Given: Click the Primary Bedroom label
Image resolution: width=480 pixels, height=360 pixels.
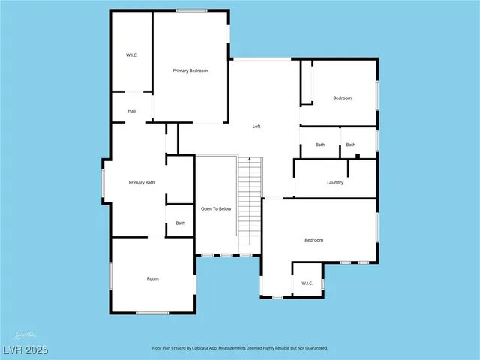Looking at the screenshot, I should click(x=190, y=70).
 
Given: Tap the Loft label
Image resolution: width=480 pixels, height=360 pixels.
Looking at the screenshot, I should click(x=256, y=126).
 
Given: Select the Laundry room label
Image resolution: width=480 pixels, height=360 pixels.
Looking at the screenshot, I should click(x=335, y=183).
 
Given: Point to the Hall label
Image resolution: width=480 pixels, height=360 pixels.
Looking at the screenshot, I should click(x=132, y=111).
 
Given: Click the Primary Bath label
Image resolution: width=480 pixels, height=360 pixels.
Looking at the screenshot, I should click(x=142, y=183).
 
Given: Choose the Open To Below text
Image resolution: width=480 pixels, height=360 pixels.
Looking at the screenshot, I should click(x=215, y=208).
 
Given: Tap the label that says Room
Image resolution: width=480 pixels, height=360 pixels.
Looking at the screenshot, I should click(x=152, y=278).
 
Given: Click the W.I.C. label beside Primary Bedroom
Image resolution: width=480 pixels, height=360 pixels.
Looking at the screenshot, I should click(x=130, y=55).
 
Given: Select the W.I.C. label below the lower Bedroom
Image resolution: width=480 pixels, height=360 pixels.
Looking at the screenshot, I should click(x=307, y=283).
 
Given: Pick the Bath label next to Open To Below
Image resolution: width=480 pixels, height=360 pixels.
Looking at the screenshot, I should click(x=180, y=223).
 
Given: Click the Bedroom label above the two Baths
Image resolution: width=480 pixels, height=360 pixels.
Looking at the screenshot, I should click(x=342, y=98).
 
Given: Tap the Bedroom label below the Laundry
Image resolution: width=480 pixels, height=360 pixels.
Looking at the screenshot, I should click(x=313, y=240).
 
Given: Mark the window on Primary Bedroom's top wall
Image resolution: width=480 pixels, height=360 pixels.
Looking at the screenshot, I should click(x=192, y=10).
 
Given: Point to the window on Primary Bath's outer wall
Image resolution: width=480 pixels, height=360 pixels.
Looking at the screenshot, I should click(x=103, y=181).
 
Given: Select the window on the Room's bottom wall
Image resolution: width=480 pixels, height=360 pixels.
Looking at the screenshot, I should click(x=151, y=312).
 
